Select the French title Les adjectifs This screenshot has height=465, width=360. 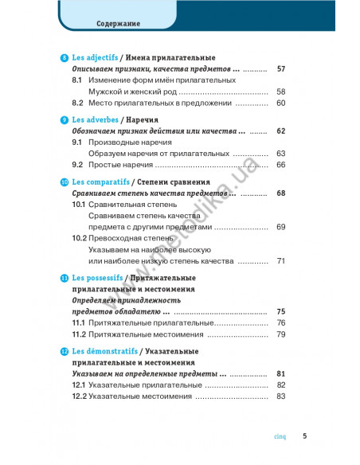[x=95, y=58]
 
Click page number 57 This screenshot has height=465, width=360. [x=280, y=69]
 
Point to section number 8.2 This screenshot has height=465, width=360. [x=78, y=103]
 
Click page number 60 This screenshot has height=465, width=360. [x=280, y=103]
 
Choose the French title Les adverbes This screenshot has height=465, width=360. [x=94, y=119]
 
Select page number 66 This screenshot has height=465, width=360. [x=280, y=164]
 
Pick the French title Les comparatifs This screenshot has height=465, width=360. [x=99, y=182]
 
